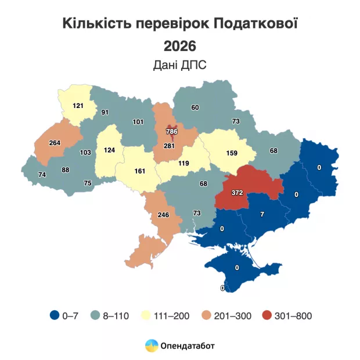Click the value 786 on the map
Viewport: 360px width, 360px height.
coord(171,131)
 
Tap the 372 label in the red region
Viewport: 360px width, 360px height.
coord(237,193)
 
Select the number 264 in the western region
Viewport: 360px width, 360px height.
coord(55,143)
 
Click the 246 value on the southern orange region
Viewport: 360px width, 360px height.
coord(163,215)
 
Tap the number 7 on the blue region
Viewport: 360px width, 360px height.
coord(262,214)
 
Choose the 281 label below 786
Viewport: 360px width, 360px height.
coord(170,145)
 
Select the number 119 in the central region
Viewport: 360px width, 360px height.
coord(184,164)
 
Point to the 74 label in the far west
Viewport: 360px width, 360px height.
coord(42,174)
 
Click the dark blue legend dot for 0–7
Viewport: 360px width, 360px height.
coord(54,316)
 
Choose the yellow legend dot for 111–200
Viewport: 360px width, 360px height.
coord(147,316)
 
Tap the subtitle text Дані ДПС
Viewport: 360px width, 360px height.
coord(179,65)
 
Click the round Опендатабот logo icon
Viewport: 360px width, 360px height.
coord(151,345)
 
